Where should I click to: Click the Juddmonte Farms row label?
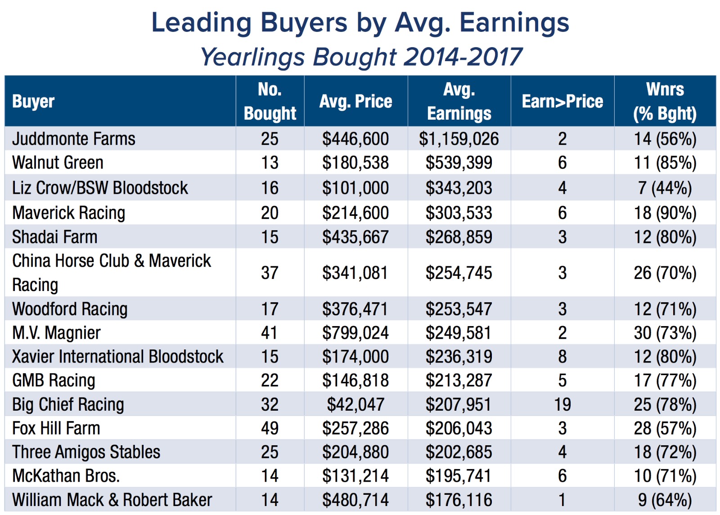point(74,139)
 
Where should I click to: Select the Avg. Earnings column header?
point(459,101)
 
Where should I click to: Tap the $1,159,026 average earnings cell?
point(459,139)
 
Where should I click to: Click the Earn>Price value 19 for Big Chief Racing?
point(562,404)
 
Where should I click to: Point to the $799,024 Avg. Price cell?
point(355,333)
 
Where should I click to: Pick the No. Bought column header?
point(270,101)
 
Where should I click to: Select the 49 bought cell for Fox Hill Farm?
point(270,428)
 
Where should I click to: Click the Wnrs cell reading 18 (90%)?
point(665,213)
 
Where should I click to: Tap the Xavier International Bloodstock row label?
point(117,357)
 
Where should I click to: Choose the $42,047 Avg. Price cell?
point(355,404)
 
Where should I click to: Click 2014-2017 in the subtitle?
point(463,57)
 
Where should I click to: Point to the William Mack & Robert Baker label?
point(112,500)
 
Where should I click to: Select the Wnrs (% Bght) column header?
point(665,101)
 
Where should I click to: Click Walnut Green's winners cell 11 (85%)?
point(665,163)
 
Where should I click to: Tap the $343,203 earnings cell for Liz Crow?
point(459,188)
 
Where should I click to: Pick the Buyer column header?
point(33,101)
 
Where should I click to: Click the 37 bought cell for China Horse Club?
point(270,273)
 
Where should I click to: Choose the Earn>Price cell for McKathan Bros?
point(562,476)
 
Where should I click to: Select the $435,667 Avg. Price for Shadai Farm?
point(355,237)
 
